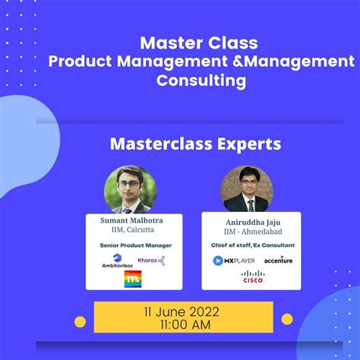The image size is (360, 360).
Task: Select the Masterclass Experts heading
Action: point(195,143)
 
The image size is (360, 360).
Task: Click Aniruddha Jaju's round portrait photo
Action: point(247,188)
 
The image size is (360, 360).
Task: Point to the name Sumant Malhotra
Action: point(132,220)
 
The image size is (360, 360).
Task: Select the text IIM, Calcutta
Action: point(132,230)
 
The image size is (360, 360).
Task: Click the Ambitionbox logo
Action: point(117,261)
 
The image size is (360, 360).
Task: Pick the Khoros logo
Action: point(151,260)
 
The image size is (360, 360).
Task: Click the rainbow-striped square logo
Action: point(133,279)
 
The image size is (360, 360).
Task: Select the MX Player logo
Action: point(233,261)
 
